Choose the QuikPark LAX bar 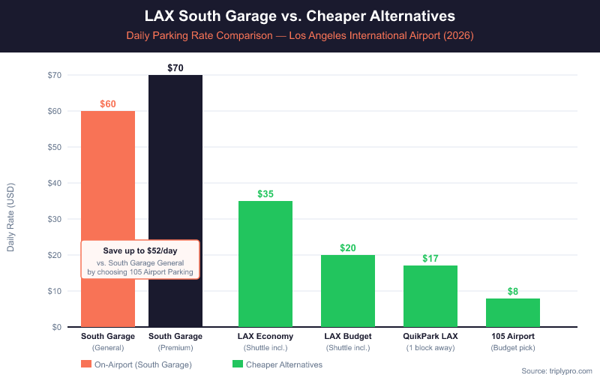click(x=430, y=296)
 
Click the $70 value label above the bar click(x=175, y=68)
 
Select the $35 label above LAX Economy click(x=265, y=194)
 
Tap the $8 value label click(x=513, y=291)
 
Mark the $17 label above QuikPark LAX click(x=430, y=259)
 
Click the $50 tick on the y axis click(x=54, y=147)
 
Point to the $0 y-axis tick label click(x=57, y=327)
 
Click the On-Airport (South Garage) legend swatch click(x=86, y=364)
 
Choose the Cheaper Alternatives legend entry click(x=277, y=364)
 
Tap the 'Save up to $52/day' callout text click(x=140, y=250)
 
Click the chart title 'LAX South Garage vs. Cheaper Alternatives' click(x=300, y=15)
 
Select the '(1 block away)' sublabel click(x=430, y=348)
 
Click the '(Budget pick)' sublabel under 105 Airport click(x=513, y=348)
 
